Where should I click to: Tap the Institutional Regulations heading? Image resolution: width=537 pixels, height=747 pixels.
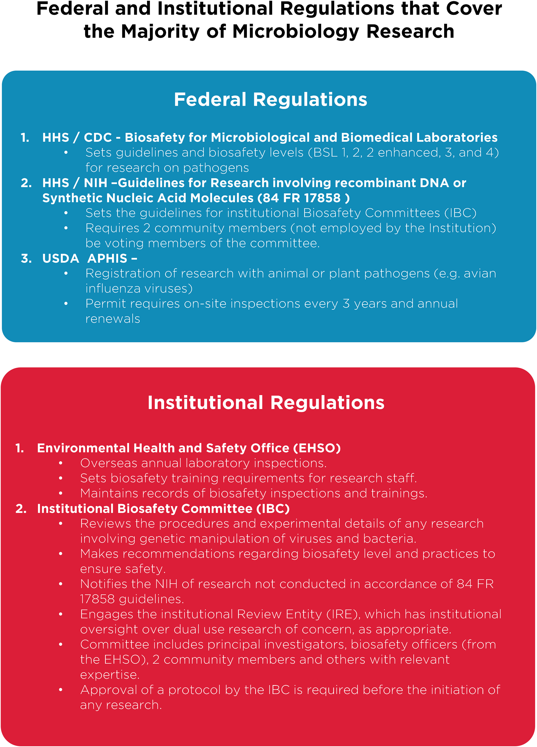(266, 403)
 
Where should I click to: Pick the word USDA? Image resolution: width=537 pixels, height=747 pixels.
(61, 259)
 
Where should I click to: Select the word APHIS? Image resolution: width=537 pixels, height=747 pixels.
(107, 259)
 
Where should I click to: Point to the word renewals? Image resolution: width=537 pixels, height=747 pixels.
(112, 319)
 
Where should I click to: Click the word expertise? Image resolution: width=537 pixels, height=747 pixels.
(110, 675)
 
